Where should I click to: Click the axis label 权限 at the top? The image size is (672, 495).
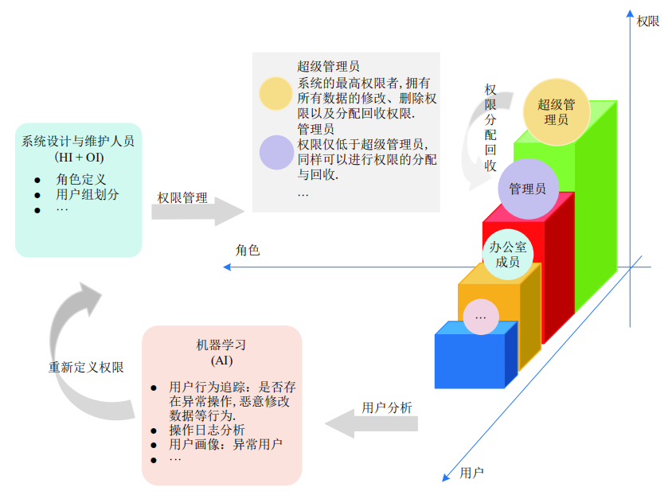click(x=648, y=21)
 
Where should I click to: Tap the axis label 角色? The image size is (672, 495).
click(x=248, y=250)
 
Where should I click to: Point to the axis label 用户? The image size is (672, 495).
click(x=472, y=473)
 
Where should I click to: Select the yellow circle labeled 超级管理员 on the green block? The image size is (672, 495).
click(x=557, y=111)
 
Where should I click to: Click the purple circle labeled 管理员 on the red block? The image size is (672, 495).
click(x=527, y=189)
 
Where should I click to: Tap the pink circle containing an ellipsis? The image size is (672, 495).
click(x=480, y=317)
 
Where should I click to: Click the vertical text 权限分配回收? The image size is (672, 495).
click(x=491, y=127)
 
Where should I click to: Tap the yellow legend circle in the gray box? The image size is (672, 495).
click(x=276, y=94)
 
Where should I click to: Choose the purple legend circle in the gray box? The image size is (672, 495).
click(x=276, y=152)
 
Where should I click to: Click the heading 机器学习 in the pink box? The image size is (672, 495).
click(x=221, y=345)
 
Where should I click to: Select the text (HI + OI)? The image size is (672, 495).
click(x=79, y=158)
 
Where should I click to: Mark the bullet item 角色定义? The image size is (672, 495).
click(x=81, y=180)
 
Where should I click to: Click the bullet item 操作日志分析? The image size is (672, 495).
click(x=201, y=431)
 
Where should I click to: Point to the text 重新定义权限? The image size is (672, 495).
click(x=86, y=368)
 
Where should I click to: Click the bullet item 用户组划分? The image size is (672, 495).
click(x=88, y=194)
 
